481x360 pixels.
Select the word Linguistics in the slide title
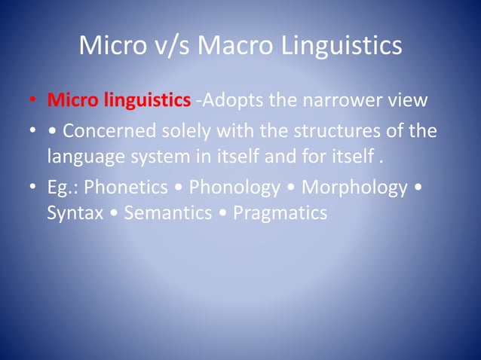click(x=342, y=46)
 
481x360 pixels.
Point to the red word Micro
click(x=72, y=100)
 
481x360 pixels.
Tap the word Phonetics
click(x=127, y=188)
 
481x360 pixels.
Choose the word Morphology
click(x=354, y=188)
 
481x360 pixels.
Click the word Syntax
click(x=75, y=213)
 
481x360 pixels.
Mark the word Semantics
click(x=168, y=213)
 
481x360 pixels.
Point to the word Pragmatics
click(x=280, y=213)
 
